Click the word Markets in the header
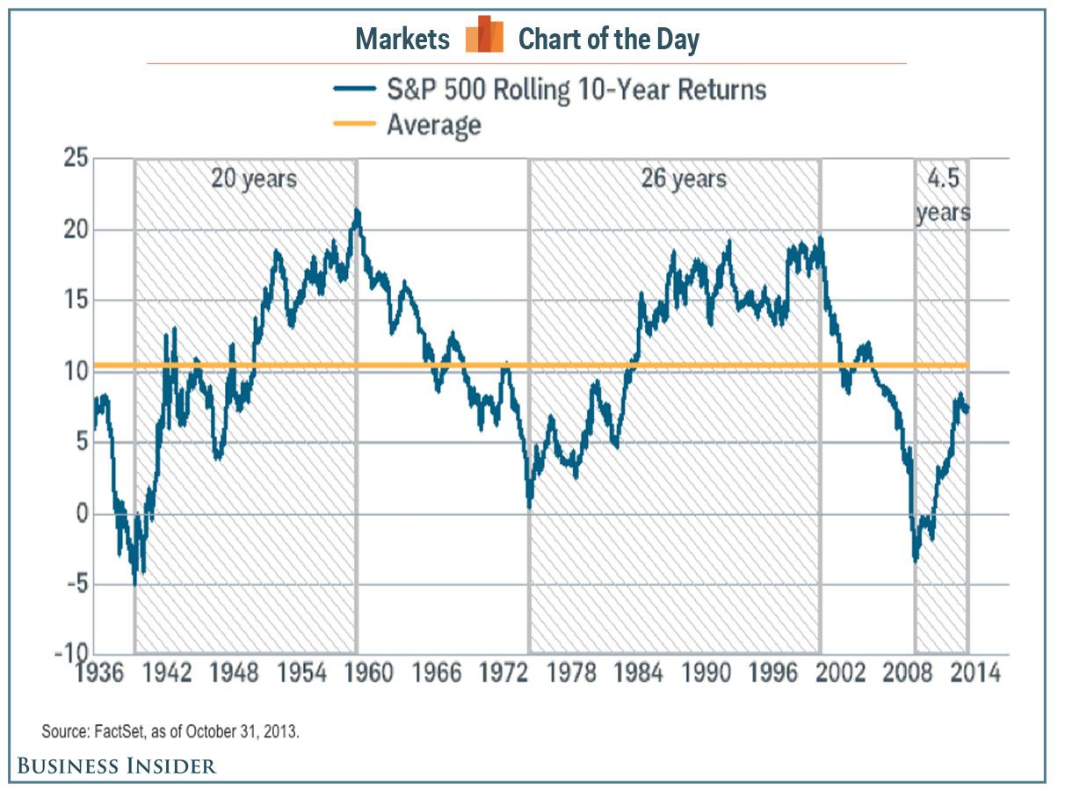[x=402, y=39]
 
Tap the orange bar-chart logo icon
[x=484, y=36]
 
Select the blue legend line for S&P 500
[x=355, y=89]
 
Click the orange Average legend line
[x=355, y=125]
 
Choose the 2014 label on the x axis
[x=976, y=674]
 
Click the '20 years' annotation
[x=254, y=179]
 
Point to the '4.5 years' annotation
[x=944, y=195]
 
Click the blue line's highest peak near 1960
[x=357, y=211]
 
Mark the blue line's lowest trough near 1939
[x=134, y=583]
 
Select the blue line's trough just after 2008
[x=916, y=560]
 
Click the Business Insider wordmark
[x=116, y=766]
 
